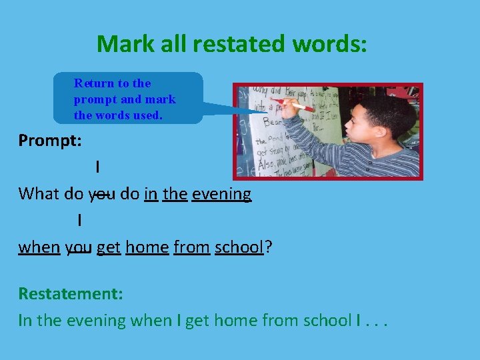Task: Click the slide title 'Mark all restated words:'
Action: point(231,44)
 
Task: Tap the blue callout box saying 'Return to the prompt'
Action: point(127,98)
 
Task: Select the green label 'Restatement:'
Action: point(70,293)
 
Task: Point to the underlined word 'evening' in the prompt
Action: point(221,194)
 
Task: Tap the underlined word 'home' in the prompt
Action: point(147,247)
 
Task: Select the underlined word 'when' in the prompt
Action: point(39,247)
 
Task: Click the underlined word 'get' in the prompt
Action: point(108,247)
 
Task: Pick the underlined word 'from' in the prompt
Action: point(191,247)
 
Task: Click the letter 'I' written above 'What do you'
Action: point(98,167)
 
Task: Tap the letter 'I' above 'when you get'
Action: point(79,220)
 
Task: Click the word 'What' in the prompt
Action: point(39,194)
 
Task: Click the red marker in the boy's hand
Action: point(297,105)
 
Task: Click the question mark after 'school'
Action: point(268,247)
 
